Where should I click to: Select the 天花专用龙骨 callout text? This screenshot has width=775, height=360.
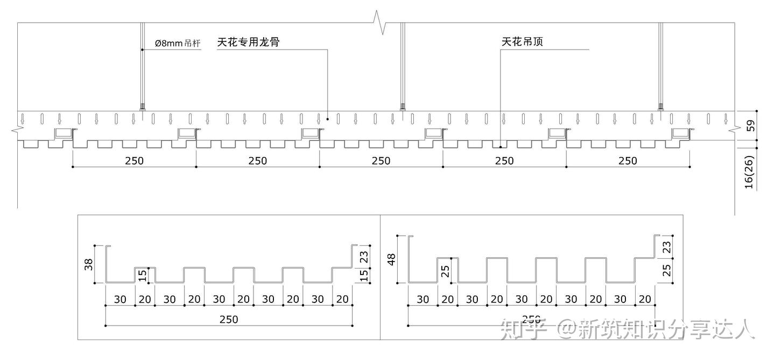pos(248,42)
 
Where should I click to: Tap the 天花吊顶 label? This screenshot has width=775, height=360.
pos(522,41)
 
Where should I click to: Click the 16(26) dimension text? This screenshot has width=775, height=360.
pos(749,172)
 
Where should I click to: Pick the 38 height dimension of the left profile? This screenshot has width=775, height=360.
pos(89,264)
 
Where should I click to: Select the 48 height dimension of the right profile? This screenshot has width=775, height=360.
pos(392,259)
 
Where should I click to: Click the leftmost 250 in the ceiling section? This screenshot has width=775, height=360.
pos(134,160)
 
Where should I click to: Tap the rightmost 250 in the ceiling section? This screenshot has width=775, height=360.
pos(628,160)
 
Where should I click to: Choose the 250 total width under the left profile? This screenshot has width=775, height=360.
pos(228,319)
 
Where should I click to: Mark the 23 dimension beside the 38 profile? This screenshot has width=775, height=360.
pos(364,256)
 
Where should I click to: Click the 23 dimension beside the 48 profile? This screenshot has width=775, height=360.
pos(667,247)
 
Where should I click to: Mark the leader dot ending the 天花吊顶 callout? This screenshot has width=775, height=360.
pos(501,146)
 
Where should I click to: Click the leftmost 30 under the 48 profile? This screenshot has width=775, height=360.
pos(423,299)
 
